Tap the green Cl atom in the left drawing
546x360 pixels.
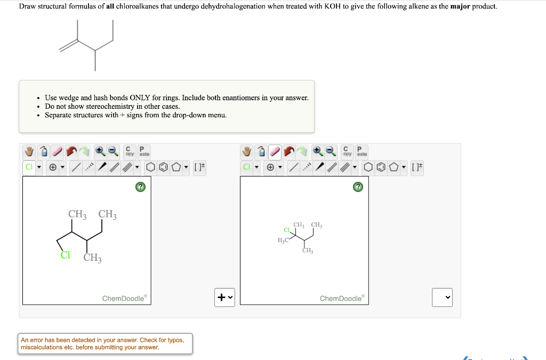click(65, 255)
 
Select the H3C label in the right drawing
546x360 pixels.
click(283, 240)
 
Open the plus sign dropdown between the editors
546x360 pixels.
click(224, 297)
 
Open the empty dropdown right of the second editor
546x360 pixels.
click(441, 297)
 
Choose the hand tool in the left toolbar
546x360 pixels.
click(30, 152)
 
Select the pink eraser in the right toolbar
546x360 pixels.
click(275, 152)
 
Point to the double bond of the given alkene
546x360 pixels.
click(68, 46)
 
